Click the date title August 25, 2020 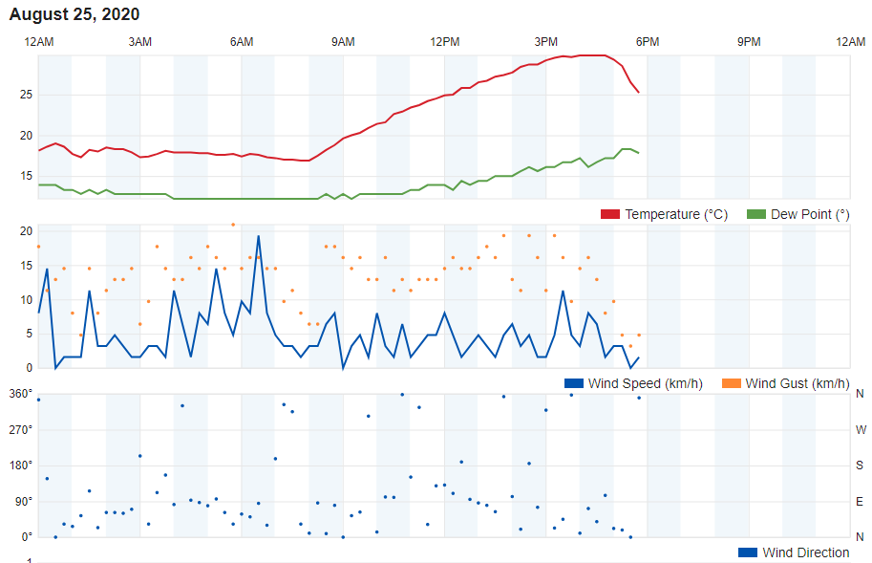74,14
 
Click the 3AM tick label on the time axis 140,41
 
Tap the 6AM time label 242,41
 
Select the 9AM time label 343,41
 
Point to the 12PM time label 445,41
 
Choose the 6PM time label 648,41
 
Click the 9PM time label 749,41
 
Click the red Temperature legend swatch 610,214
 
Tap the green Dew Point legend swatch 756,214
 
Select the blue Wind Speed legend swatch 574,383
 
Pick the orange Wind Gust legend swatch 731,383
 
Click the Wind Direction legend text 805,552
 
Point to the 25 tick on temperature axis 26,95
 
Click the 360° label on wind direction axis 21,394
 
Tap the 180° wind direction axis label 21,465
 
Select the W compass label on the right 861,429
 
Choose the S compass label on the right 861,466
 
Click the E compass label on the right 861,501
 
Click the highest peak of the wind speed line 258,236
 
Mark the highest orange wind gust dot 233,225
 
